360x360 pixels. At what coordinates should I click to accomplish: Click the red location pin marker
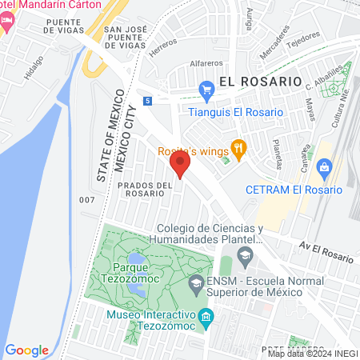pos(180,166)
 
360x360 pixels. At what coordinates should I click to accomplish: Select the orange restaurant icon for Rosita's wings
pos(238,147)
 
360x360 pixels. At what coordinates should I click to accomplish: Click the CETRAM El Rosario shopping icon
pos(323,167)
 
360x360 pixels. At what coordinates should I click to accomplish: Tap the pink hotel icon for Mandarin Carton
pos(7,22)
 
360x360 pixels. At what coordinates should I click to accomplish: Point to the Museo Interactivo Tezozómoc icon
pos(206,317)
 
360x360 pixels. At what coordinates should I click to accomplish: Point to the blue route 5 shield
pos(148,101)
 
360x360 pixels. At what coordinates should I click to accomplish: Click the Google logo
pos(26,350)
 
